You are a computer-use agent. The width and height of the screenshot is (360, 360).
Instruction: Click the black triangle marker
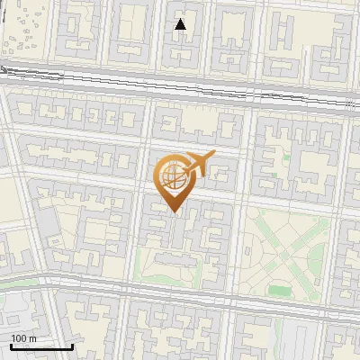pos(181,24)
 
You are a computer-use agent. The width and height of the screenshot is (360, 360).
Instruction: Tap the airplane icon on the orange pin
pos(198,164)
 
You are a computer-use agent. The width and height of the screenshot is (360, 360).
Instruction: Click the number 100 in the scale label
pos(18,337)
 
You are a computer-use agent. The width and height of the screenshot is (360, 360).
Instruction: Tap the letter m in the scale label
pos(31,337)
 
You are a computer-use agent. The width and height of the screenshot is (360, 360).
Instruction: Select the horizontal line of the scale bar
pos(40,346)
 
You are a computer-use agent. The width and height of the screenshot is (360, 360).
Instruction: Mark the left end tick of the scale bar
pos(10,345)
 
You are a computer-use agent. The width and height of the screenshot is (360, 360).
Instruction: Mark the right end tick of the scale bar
pos(72,345)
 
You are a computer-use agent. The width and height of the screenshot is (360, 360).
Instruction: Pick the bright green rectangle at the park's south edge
pos(280,290)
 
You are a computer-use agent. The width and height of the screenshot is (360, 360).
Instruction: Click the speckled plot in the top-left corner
pos(22,31)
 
